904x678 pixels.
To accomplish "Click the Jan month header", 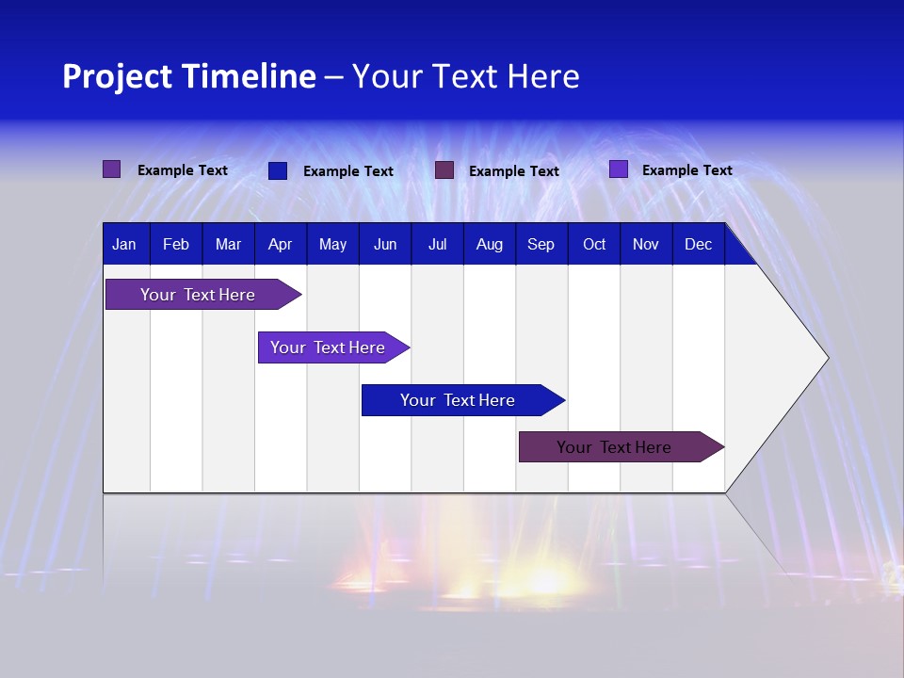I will tap(125, 244).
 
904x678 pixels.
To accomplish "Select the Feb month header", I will tap(176, 244).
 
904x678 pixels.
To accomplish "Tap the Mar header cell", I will tap(228, 244).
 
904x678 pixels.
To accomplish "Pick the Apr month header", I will tap(280, 244).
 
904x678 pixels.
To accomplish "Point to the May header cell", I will tap(332, 244).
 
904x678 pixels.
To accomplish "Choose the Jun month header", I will tap(385, 244).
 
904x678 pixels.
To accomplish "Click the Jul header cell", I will tap(437, 244).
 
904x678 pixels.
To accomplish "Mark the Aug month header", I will tap(489, 244).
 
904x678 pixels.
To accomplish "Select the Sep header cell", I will tap(541, 244).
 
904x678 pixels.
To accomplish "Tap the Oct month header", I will tap(594, 244).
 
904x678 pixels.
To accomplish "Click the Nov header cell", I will tap(646, 244).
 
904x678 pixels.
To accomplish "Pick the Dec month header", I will tap(698, 244).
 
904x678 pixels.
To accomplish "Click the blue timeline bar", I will tap(458, 400).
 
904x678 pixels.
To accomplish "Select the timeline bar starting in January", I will tap(198, 295).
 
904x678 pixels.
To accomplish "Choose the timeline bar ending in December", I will tap(614, 447).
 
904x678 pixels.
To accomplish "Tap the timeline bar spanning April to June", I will tap(328, 347).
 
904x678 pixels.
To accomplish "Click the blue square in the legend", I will tap(278, 170).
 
